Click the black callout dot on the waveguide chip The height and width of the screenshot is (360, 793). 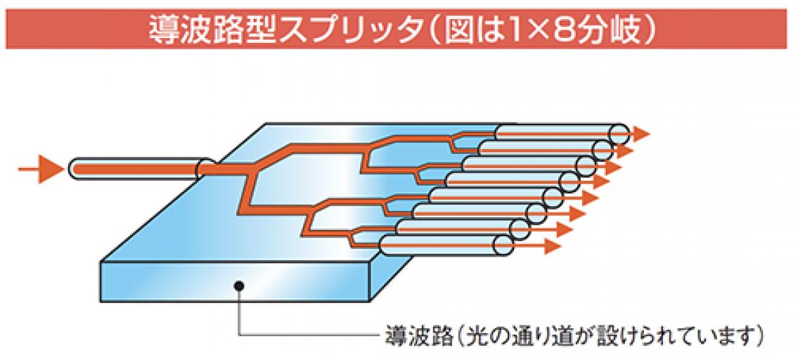click(240, 285)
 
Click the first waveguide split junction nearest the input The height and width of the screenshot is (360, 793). click(250, 169)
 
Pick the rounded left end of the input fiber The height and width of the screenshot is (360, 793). click(77, 169)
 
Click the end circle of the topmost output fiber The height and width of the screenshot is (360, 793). click(619, 132)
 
